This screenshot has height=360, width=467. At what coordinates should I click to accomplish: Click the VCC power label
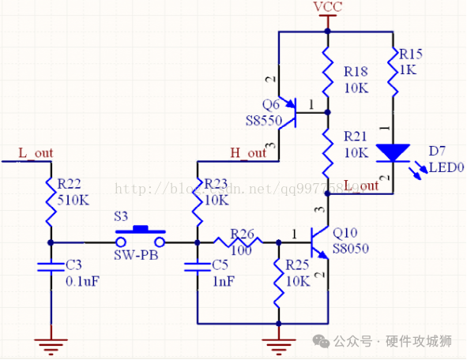point(328,7)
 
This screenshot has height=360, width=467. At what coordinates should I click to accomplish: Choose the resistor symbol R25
point(279,282)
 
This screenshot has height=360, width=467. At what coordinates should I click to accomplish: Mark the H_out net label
point(248,152)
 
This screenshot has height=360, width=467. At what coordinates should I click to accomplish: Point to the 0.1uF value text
point(82,281)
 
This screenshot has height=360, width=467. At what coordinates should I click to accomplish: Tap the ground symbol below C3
point(51,341)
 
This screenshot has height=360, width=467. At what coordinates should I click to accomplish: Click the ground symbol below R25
point(279,341)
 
